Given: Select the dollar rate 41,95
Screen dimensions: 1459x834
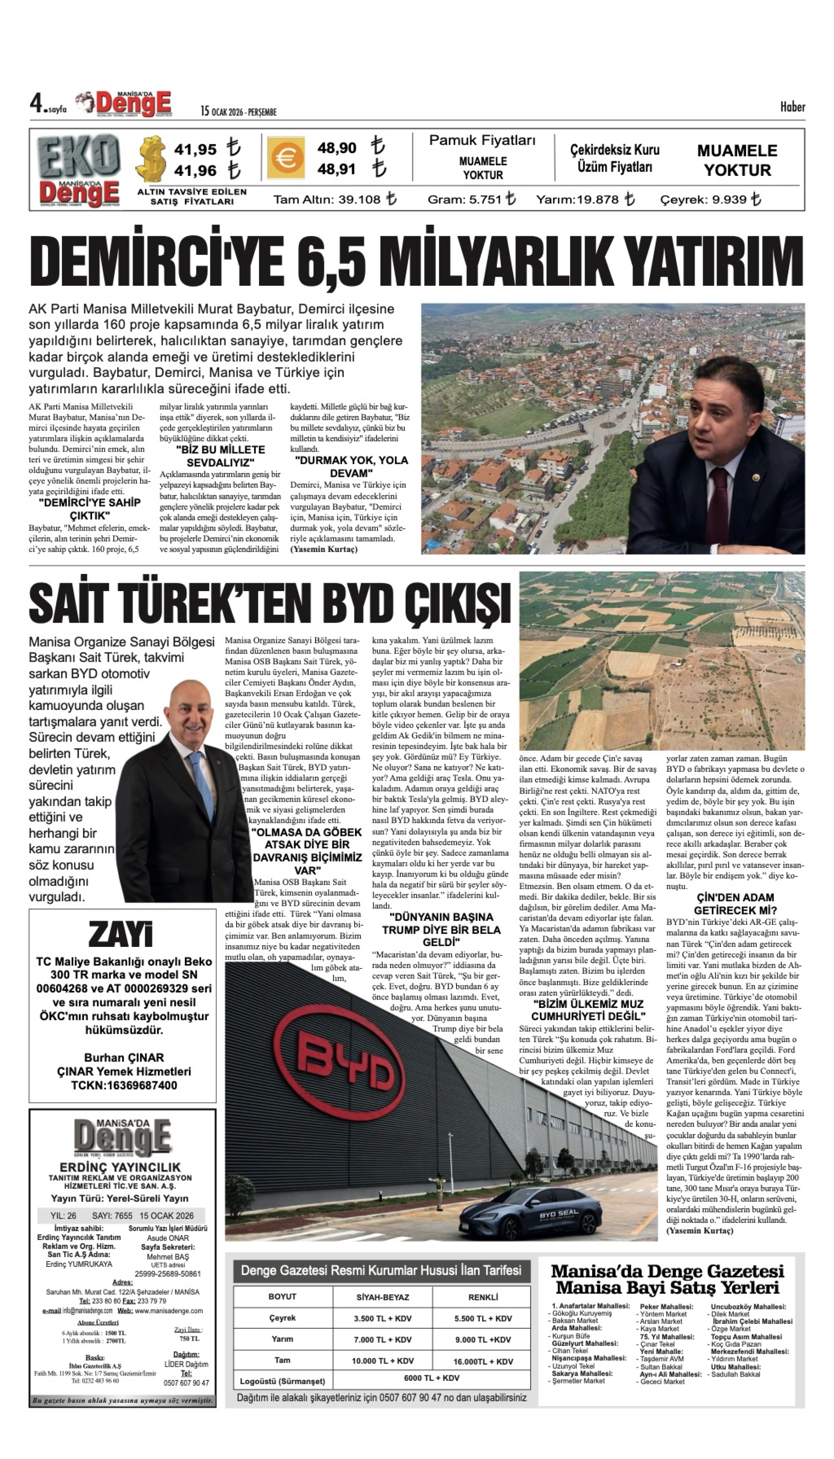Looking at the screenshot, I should click(195, 150).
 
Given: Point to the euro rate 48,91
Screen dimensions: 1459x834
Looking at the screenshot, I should click(337, 169).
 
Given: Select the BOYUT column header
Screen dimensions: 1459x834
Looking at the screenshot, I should click(282, 1296).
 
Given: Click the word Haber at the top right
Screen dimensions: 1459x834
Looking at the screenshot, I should click(792, 107).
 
